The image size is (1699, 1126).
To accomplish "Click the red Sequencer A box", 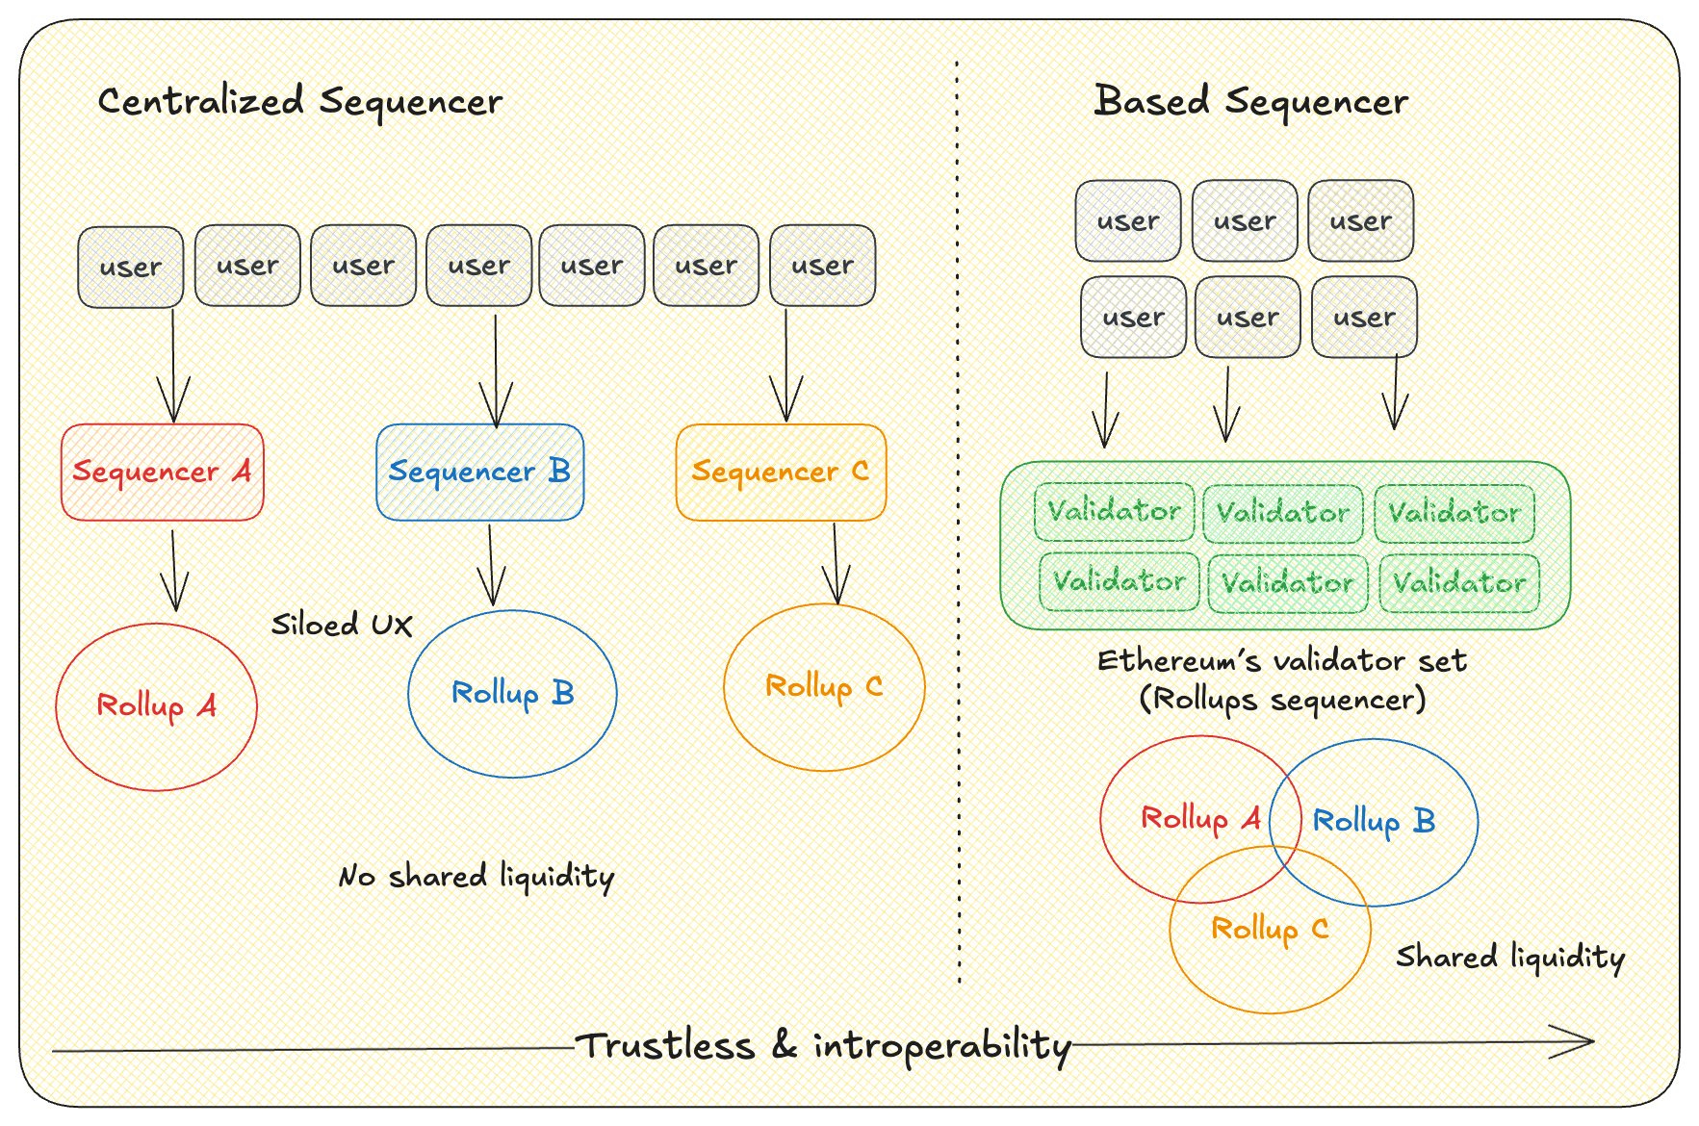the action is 162,472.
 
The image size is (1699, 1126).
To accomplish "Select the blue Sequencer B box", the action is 479,472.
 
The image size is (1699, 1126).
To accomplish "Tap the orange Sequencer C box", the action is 781,472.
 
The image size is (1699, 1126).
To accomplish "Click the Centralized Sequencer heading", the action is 300,101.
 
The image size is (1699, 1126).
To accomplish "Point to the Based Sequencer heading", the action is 1250,101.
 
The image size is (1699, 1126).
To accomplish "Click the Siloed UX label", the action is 342,625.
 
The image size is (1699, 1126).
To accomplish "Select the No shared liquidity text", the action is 476,877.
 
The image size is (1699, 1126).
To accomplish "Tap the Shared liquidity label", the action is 1510,957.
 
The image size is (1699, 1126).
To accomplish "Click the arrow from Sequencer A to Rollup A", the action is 174,571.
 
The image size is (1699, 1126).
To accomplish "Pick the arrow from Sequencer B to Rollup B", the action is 491,565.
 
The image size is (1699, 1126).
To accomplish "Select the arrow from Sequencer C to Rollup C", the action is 836,563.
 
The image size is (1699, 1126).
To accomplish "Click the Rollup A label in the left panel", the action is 156,705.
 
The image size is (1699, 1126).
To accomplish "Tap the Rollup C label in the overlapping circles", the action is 1270,929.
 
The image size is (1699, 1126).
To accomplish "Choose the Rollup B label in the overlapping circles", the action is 1374,821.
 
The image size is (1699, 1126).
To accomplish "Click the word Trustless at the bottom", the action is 665,1045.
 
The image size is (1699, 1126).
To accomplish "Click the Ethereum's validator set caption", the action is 1282,661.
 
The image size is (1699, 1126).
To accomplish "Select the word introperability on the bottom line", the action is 942,1046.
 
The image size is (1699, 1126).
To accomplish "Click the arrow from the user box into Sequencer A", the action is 173,366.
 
